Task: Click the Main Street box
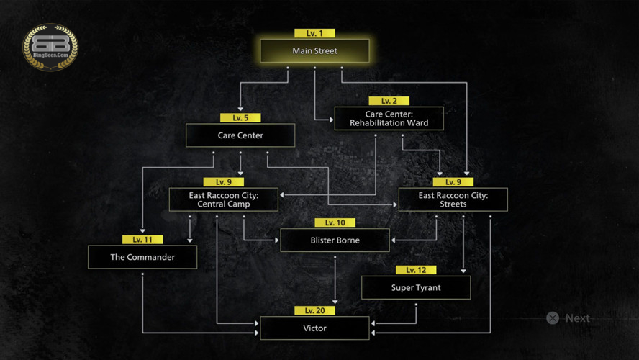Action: pyautogui.click(x=314, y=51)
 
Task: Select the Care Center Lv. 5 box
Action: pyautogui.click(x=240, y=135)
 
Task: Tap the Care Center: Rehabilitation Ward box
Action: pyautogui.click(x=389, y=119)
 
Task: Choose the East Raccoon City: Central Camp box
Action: pyautogui.click(x=223, y=199)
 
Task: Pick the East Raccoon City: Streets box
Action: pyautogui.click(x=453, y=199)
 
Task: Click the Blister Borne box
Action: pyautogui.click(x=335, y=240)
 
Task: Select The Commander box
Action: pyautogui.click(x=142, y=257)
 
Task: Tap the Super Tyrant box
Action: pyautogui.click(x=416, y=287)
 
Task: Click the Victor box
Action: pyautogui.click(x=314, y=328)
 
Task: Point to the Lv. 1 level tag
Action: pyautogui.click(x=314, y=33)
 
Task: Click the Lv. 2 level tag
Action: pyautogui.click(x=389, y=101)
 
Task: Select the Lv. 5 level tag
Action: pyautogui.click(x=240, y=118)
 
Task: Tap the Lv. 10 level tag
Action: pyautogui.click(x=335, y=222)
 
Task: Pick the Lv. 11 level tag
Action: pyautogui.click(x=142, y=239)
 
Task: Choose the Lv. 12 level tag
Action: pyautogui.click(x=416, y=270)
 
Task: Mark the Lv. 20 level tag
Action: pyautogui.click(x=314, y=310)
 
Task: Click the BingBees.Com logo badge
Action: pyautogui.click(x=50, y=47)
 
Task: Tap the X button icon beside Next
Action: pyautogui.click(x=553, y=318)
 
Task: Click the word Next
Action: pyautogui.click(x=577, y=318)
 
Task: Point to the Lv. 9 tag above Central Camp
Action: pyautogui.click(x=223, y=182)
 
